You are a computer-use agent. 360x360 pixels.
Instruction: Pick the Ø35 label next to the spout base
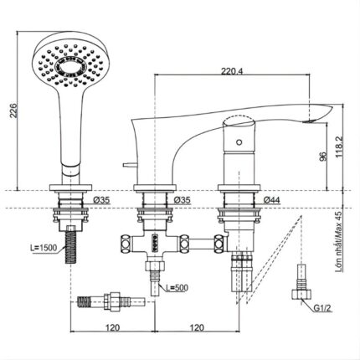182,202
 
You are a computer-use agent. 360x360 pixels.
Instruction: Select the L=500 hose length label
177,289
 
